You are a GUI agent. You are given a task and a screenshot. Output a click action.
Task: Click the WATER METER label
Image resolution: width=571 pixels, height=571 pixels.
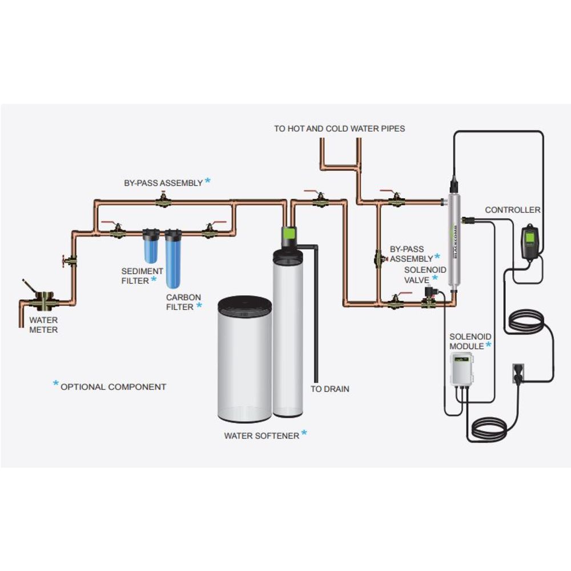43,325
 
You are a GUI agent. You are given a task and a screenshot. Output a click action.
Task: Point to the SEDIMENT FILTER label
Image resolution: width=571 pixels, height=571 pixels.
142,275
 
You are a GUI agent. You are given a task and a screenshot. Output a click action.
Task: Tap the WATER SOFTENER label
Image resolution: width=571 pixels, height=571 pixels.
262,436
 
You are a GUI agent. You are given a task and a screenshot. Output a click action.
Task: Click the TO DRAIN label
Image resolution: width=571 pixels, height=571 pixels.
329,389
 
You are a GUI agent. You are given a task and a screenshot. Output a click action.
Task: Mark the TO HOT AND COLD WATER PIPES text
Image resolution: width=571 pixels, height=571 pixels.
339,128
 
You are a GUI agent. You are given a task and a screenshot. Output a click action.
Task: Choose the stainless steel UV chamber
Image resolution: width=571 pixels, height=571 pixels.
455,243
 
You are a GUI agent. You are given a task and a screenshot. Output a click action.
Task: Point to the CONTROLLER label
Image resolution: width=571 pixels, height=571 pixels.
512,210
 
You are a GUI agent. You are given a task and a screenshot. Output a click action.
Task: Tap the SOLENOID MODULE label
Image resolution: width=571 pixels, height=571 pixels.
467,341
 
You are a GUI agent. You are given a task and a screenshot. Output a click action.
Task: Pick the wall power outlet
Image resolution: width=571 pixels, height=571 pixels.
517,373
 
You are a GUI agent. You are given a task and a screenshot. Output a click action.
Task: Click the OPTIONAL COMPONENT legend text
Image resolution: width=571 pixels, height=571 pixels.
113,387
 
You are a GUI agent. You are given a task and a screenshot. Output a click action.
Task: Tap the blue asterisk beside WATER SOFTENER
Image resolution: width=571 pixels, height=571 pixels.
304,433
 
